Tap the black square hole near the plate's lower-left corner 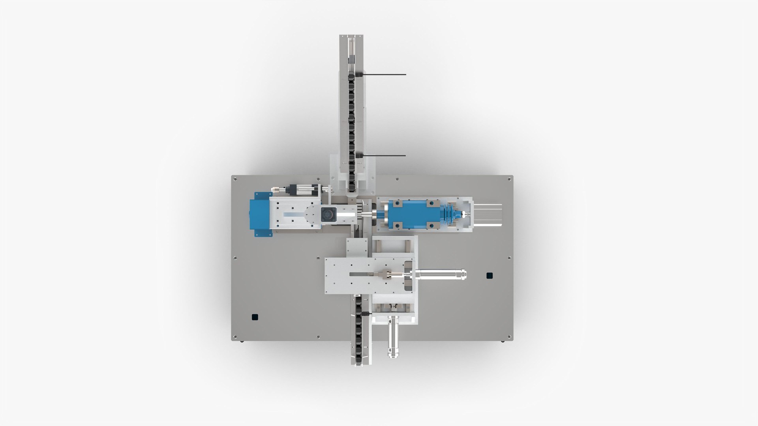[x=255, y=316]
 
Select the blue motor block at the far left [x=261, y=215]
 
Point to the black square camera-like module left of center [x=327, y=215]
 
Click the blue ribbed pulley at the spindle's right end [x=450, y=215]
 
